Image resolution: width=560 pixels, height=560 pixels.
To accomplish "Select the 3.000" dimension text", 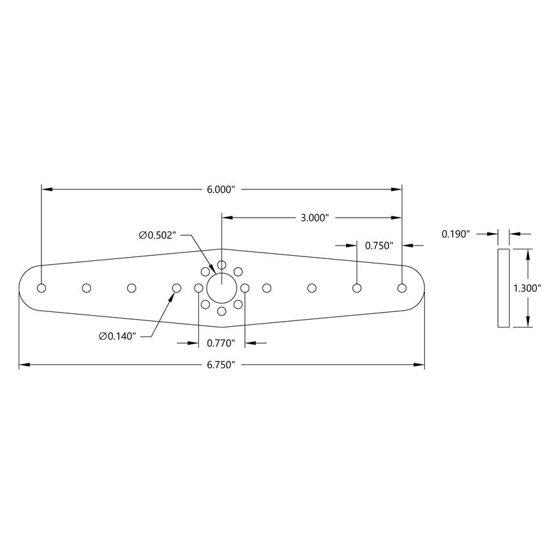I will [x=315, y=218].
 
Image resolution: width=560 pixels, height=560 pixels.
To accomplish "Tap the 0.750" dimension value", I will [x=380, y=245].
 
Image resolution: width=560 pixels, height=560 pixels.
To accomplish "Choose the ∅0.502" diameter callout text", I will [x=157, y=235].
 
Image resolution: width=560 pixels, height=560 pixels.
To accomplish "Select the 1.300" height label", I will [x=526, y=288].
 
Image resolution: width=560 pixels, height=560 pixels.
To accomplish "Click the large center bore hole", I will [x=222, y=287].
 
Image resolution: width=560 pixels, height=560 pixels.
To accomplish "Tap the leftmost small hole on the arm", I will [x=41, y=287].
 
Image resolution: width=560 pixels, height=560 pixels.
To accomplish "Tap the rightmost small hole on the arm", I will [x=402, y=287].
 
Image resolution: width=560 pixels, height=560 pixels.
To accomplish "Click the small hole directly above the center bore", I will [x=222, y=265].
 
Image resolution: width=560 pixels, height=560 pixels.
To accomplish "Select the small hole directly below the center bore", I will [x=222, y=311].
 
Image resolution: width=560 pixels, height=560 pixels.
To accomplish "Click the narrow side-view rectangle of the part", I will [x=503, y=288].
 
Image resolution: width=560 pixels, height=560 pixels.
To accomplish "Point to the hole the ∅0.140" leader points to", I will [x=176, y=287].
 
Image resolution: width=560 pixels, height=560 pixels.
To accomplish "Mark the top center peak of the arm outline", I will [x=222, y=249].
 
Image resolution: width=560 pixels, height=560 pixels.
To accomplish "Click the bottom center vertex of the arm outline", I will [x=222, y=327].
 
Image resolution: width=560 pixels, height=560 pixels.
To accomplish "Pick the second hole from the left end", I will [x=87, y=287].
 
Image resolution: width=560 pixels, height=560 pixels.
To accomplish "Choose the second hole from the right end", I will [x=357, y=287].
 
